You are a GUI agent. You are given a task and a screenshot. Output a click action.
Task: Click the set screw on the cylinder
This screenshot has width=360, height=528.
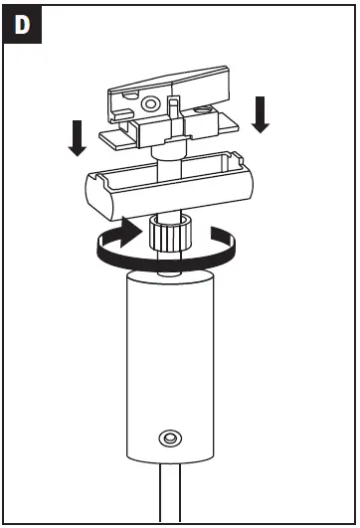pos(171,438)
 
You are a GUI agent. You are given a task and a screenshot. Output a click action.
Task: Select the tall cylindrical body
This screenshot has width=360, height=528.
pos(171,368)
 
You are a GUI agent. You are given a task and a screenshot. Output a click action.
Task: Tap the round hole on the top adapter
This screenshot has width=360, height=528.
pos(150,103)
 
